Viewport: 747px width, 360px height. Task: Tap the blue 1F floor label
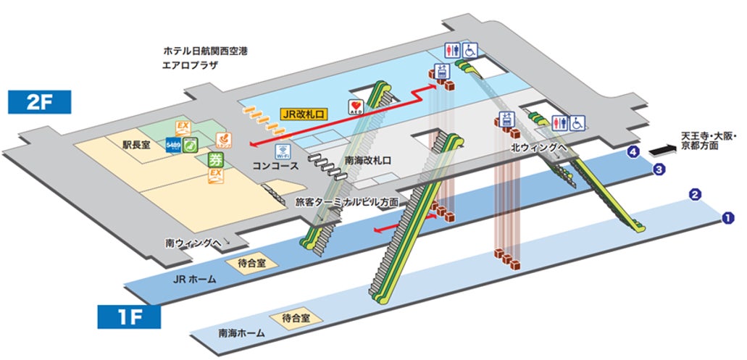(x=129, y=317)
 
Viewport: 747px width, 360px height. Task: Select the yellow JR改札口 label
(x=305, y=114)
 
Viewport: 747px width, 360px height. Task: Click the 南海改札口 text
(x=367, y=160)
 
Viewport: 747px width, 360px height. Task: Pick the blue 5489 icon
(x=173, y=145)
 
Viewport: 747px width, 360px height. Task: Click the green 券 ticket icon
(x=215, y=159)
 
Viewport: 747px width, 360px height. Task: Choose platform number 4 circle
(x=635, y=152)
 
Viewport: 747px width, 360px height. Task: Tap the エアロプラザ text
(x=191, y=65)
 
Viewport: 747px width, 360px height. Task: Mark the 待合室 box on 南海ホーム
(x=296, y=318)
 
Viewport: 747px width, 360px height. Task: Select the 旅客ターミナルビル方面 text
(x=347, y=202)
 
